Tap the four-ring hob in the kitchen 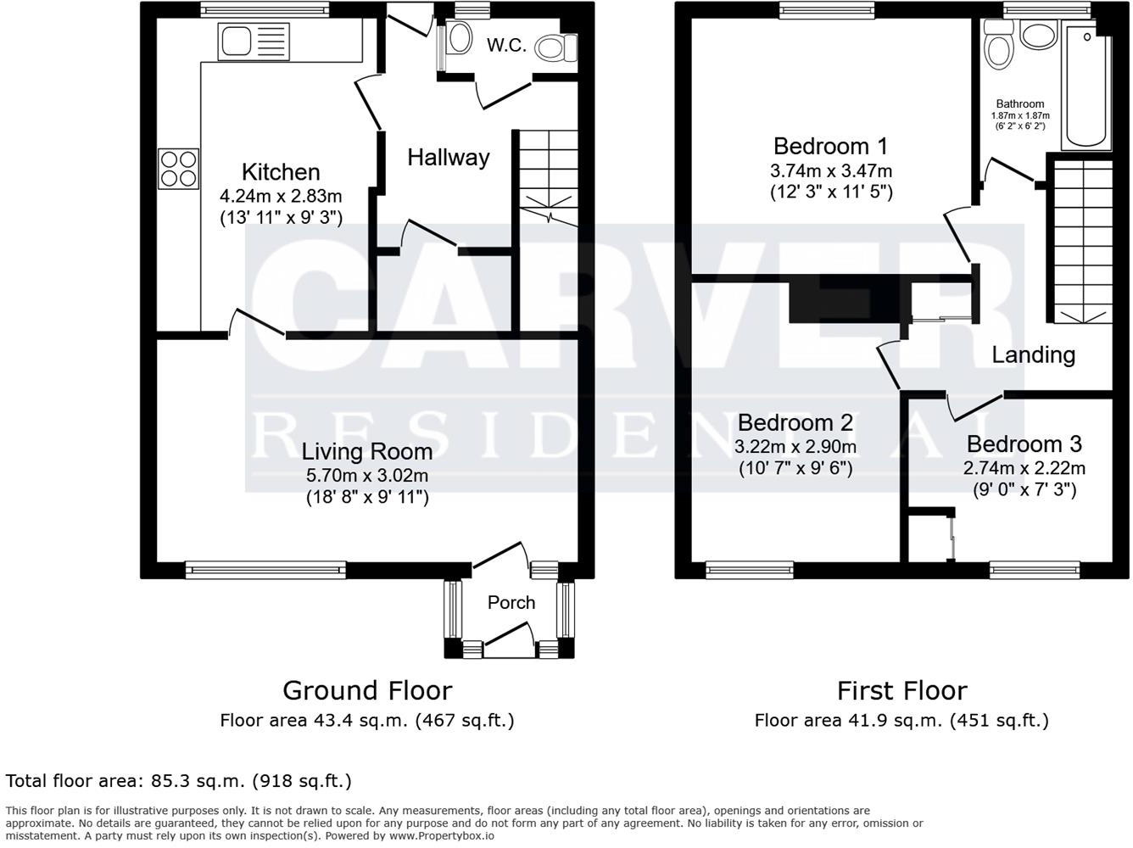click(178, 168)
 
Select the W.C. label click(506, 46)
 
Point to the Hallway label click(448, 158)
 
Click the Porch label click(511, 603)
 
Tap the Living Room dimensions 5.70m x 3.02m click(367, 476)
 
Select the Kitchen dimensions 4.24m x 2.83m click(281, 195)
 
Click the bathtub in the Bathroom click(1085, 89)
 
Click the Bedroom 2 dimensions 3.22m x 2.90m click(795, 447)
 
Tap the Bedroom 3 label click(1024, 444)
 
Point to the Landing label click(1033, 354)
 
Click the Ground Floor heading click(366, 690)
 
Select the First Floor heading click(901, 690)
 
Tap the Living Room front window click(265, 570)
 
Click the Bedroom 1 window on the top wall click(821, 10)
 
